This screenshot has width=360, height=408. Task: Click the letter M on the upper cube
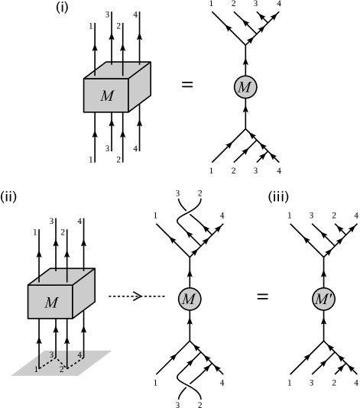pyautogui.click(x=107, y=96)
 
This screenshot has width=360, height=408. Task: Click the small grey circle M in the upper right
pyautogui.click(x=245, y=87)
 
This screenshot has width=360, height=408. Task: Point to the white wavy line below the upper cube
pyautogui.click(x=189, y=212)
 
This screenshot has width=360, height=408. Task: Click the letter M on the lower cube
pyautogui.click(x=50, y=303)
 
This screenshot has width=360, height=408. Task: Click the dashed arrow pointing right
pyautogui.click(x=136, y=296)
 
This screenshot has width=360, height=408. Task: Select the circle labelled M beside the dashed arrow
pyautogui.click(x=190, y=299)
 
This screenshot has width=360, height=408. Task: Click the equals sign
pyautogui.click(x=262, y=296)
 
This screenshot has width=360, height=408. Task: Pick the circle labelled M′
pyautogui.click(x=324, y=299)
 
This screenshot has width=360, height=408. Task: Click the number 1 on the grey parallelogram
pyautogui.click(x=35, y=370)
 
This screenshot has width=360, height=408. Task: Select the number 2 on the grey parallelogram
pyautogui.click(x=62, y=370)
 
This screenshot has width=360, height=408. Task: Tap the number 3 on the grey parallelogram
pyautogui.click(x=51, y=355)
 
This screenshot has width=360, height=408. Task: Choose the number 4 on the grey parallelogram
pyautogui.click(x=79, y=355)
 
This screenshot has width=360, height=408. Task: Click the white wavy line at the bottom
pyautogui.click(x=189, y=386)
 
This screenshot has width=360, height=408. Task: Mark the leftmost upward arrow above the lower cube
pyautogui.click(x=38, y=260)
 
